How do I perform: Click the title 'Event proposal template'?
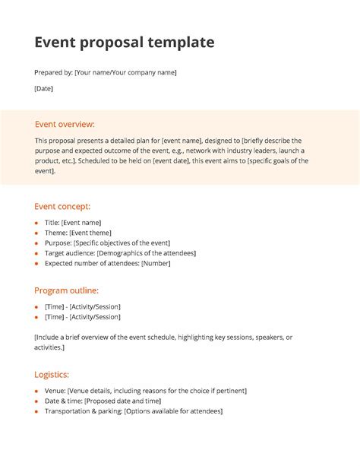pos(124,43)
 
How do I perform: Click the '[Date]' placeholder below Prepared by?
pos(43,89)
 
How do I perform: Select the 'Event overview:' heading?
pos(65,124)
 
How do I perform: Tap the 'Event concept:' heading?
pos(62,206)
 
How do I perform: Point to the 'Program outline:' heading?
pos(67,290)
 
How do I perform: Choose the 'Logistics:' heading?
pos(52,374)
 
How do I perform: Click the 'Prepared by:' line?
pos(106,72)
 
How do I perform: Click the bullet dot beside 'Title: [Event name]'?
pos(36,223)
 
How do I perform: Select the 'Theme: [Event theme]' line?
pos(78,233)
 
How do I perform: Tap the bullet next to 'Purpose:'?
pos(36,243)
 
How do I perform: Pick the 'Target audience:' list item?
pos(120,253)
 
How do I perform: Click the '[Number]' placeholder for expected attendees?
pos(156,264)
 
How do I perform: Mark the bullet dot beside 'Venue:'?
pos(36,391)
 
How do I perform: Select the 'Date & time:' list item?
pos(103,401)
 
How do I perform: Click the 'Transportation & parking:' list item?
pos(134,411)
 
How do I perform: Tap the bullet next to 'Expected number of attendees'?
pos(36,264)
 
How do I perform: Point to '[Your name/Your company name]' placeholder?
pos(125,72)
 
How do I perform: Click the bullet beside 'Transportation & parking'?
pos(36,411)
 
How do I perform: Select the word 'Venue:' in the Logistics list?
pos(55,391)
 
